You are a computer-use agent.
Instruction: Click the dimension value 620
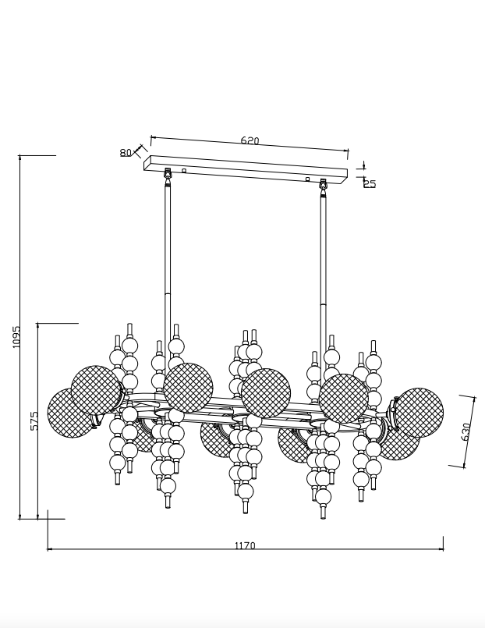click(x=250, y=141)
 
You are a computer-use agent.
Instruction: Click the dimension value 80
click(x=126, y=153)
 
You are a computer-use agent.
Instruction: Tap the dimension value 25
click(x=370, y=184)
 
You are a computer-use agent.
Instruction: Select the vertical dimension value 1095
click(x=16, y=336)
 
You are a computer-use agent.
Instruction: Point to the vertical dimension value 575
click(x=34, y=421)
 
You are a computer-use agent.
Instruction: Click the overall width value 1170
click(x=245, y=546)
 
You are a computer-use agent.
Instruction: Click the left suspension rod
click(x=168, y=257)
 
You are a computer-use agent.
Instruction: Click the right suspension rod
click(x=323, y=257)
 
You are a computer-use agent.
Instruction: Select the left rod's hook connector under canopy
click(x=168, y=175)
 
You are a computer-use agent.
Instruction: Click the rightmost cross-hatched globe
click(x=419, y=412)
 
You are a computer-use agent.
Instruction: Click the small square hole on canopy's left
click(x=184, y=170)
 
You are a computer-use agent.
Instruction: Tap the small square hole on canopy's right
click(x=307, y=179)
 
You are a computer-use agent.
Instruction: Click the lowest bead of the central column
click(x=246, y=491)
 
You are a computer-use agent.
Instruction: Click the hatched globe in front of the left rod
click(x=188, y=387)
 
